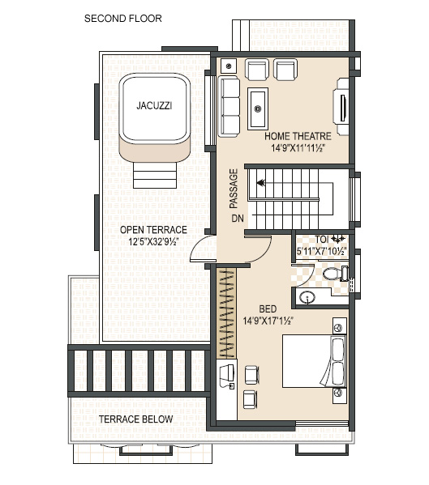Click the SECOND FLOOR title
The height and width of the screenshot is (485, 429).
tap(123, 19)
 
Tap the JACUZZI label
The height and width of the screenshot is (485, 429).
tap(154, 106)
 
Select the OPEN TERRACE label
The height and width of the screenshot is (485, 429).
tap(153, 230)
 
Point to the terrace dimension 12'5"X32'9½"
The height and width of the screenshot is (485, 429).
tap(153, 241)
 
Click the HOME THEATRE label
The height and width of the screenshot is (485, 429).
tap(298, 136)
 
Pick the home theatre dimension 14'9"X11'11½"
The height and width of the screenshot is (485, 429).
tap(298, 148)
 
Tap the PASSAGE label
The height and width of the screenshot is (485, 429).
tap(234, 189)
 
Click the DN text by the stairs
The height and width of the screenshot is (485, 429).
tap(238, 219)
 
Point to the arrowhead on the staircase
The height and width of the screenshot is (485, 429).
tap(261, 183)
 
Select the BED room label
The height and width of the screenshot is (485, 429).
tap(268, 308)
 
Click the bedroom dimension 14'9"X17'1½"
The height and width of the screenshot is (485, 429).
tap(268, 321)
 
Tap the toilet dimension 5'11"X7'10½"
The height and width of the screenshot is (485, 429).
tap(321, 251)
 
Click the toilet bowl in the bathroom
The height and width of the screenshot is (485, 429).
tap(335, 274)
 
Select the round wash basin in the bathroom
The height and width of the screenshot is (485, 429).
tap(307, 297)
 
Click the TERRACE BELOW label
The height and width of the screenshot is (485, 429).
tap(136, 419)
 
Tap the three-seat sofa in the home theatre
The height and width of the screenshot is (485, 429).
tap(229, 107)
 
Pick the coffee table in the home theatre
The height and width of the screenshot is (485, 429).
tap(258, 108)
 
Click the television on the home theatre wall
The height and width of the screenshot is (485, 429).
tap(343, 108)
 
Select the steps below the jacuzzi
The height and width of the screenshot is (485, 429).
tap(155, 175)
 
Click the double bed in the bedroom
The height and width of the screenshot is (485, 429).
tap(314, 361)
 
